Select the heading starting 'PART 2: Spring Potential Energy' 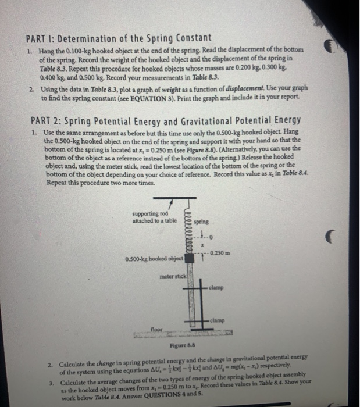[x=165, y=120]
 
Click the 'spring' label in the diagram [x=201, y=222]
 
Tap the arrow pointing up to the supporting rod [x=170, y=205]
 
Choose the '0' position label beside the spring [x=213, y=237]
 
